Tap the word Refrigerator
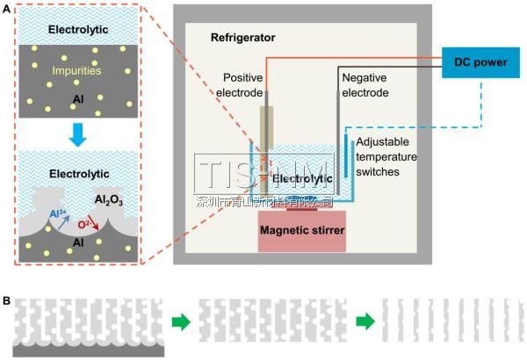click(243, 38)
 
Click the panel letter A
click(7, 8)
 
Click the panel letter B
click(7, 300)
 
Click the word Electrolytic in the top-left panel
click(79, 29)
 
